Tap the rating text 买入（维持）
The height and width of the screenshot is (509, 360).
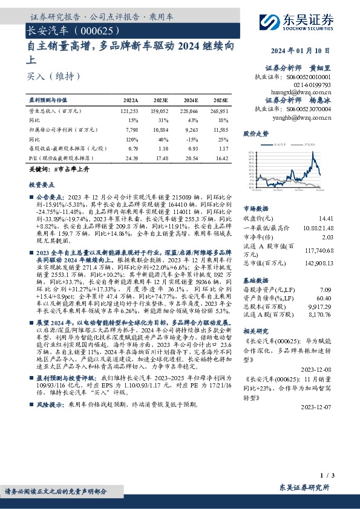pos(53,77)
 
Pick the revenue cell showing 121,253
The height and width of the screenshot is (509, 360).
pos(129,112)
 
